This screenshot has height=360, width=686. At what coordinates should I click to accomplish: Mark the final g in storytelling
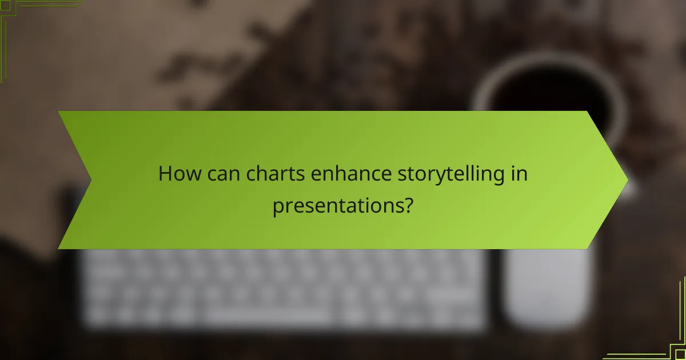tap(502, 177)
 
